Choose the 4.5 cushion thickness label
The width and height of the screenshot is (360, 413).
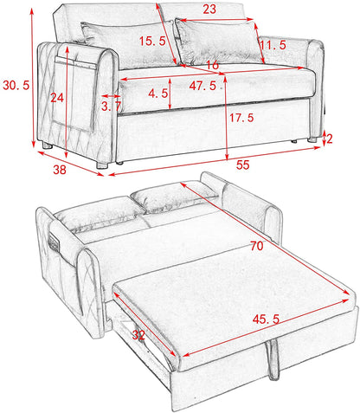click(x=158, y=94)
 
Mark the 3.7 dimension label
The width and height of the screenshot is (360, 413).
click(x=111, y=106)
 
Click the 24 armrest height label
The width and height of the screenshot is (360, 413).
click(x=58, y=98)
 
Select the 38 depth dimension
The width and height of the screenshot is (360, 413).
click(x=60, y=171)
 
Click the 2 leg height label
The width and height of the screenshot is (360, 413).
click(x=329, y=138)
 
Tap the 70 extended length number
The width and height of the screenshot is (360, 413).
click(x=255, y=247)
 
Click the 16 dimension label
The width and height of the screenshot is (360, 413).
click(x=213, y=65)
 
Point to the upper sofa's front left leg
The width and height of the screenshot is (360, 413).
click(x=103, y=162)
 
